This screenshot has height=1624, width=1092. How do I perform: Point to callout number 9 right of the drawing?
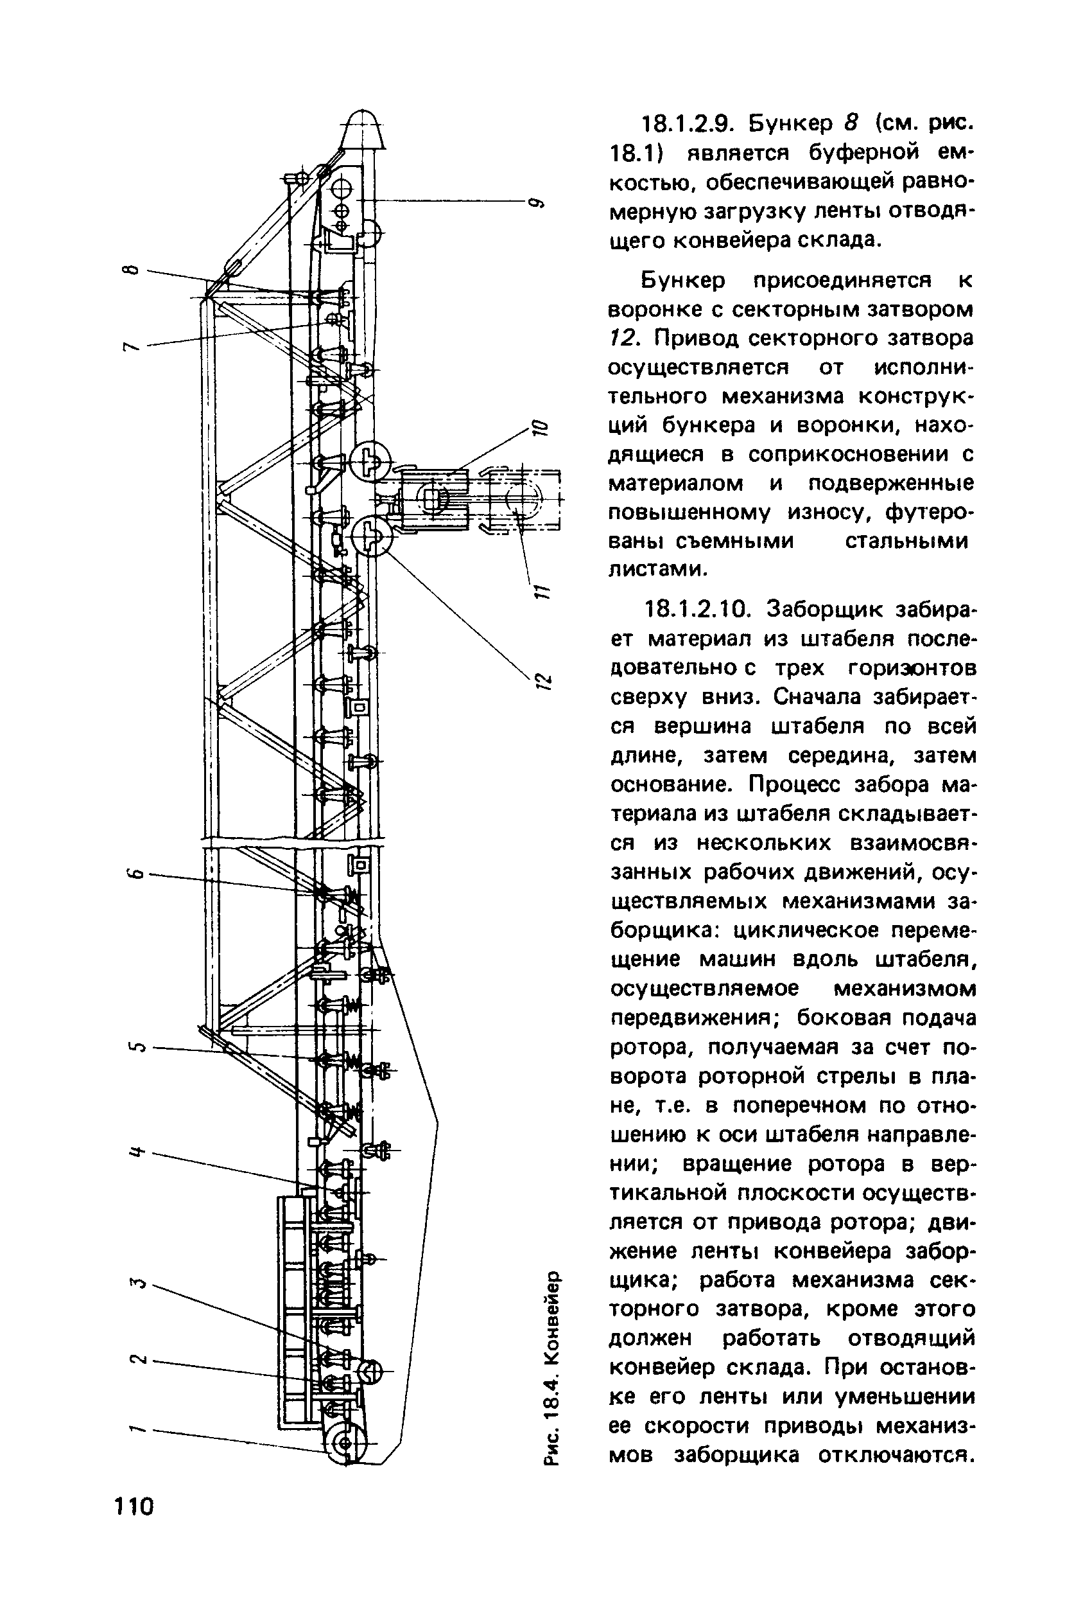coord(535,203)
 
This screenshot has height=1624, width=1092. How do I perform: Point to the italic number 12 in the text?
coord(621,338)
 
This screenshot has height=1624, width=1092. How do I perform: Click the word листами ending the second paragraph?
coord(657,569)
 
